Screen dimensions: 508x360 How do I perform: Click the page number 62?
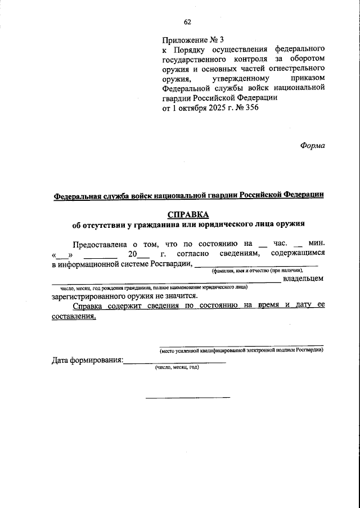click(187, 22)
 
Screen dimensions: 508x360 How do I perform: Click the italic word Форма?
click(313, 145)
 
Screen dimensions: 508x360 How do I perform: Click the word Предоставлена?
click(100, 244)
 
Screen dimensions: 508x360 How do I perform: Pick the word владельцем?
click(303, 278)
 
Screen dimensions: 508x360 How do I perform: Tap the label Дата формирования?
click(87, 360)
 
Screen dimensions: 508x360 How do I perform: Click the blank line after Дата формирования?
click(174, 361)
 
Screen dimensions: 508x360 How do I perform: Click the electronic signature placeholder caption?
click(241, 350)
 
